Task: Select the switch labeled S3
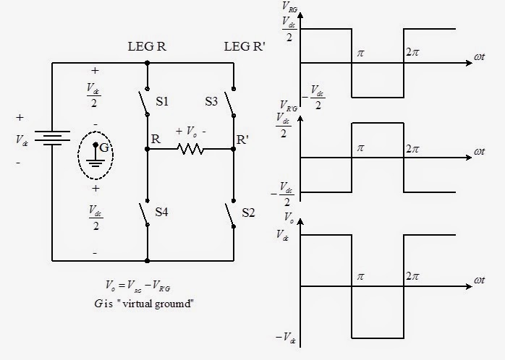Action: [x=230, y=103]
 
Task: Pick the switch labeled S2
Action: [x=230, y=214]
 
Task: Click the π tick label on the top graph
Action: [x=358, y=53]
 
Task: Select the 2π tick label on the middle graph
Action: [x=412, y=148]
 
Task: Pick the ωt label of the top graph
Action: [x=480, y=53]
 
